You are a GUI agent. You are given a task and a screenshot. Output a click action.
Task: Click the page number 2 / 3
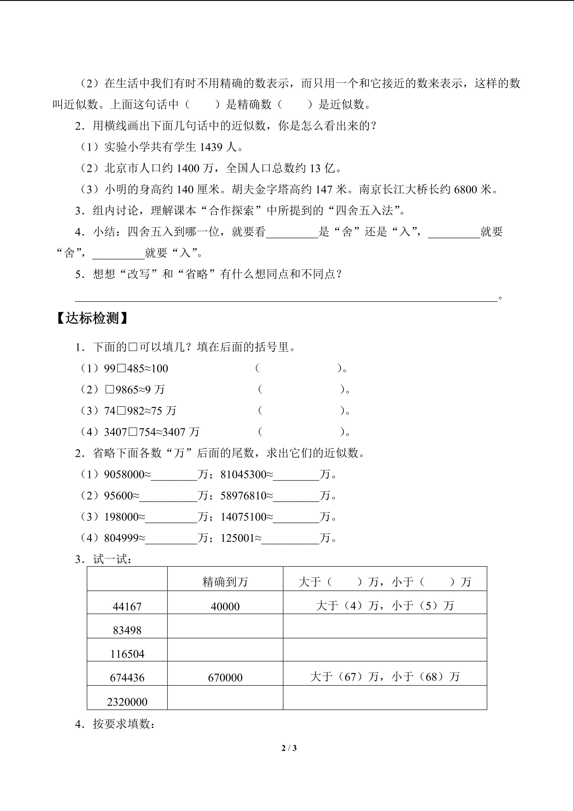click(x=289, y=748)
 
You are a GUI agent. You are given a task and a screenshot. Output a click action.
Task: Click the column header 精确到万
click(x=225, y=582)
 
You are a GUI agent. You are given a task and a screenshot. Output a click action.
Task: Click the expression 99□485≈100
click(x=136, y=369)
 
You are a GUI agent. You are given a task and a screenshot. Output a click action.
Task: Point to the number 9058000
click(x=124, y=474)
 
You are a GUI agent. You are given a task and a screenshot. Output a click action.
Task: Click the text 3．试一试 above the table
click(x=103, y=559)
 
